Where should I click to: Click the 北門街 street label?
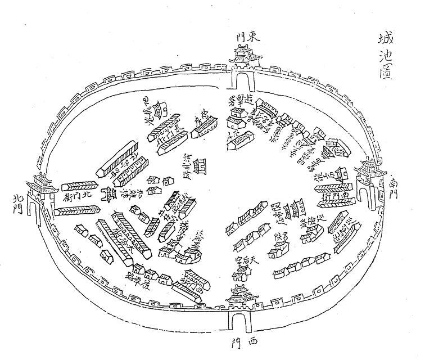[x=78, y=197]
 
